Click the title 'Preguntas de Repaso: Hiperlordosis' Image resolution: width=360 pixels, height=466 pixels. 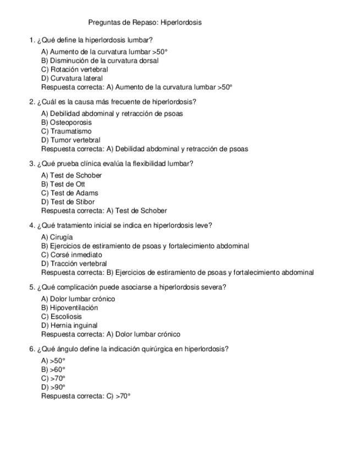pyautogui.click(x=145, y=23)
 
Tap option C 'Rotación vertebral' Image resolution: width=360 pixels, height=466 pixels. pyautogui.click(x=74, y=70)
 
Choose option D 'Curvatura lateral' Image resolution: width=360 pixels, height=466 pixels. pyautogui.click(x=71, y=79)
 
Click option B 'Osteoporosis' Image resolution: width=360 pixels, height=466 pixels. pyautogui.click(x=66, y=123)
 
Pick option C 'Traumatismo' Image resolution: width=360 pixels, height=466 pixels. pyautogui.click(x=66, y=131)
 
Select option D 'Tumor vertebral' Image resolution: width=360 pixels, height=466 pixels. pyautogui.click(x=70, y=140)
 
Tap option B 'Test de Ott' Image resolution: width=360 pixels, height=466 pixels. pyautogui.click(x=63, y=184)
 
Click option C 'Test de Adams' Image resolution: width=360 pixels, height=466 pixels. pyautogui.click(x=69, y=193)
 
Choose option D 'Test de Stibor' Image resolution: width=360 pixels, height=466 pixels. pyautogui.click(x=68, y=202)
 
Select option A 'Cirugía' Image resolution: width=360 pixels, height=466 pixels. pyautogui.click(x=57, y=237)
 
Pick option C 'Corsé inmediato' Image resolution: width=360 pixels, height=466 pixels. pyautogui.click(x=71, y=255)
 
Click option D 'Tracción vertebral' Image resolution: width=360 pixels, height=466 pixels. pyautogui.click(x=74, y=264)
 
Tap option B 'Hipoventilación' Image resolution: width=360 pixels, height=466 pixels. pyautogui.click(x=69, y=308)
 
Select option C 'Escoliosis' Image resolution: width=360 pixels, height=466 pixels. pyautogui.click(x=61, y=317)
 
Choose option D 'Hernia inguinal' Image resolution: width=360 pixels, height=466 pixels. pyautogui.click(x=69, y=325)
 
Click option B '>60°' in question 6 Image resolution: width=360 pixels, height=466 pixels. pyautogui.click(x=53, y=370)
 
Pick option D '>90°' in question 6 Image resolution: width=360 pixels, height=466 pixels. pyautogui.click(x=53, y=387)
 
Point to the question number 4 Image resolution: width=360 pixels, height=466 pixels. pyautogui.click(x=32, y=225)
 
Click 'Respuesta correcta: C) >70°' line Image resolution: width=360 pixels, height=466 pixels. pyautogui.click(x=86, y=396)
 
